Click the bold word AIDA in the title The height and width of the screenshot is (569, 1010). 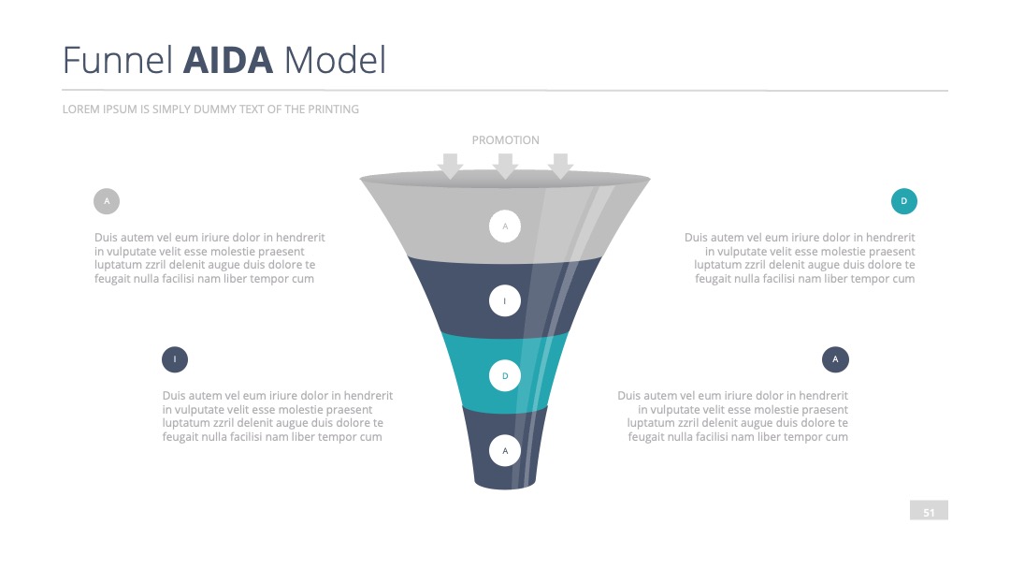[228, 60]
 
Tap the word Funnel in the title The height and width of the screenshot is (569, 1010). [117, 60]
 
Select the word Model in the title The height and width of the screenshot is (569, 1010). [335, 60]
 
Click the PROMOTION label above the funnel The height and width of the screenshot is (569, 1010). [506, 139]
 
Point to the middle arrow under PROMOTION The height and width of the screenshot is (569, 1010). [506, 167]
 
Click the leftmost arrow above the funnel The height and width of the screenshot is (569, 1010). [450, 167]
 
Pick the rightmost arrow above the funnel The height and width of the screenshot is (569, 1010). [560, 167]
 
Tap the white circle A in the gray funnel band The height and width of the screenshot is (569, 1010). [505, 226]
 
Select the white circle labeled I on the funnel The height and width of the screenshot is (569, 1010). [505, 301]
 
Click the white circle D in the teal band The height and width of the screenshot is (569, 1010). [505, 375]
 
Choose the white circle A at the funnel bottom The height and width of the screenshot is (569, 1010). [505, 450]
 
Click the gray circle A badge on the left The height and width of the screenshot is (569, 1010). [107, 201]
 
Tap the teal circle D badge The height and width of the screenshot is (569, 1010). [904, 201]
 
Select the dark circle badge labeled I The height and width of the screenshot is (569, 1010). [175, 359]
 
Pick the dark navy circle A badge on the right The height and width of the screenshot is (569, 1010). [835, 359]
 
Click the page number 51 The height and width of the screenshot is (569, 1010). [929, 513]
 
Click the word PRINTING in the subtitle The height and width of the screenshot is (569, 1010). [333, 109]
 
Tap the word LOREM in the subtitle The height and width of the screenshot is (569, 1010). [79, 109]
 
